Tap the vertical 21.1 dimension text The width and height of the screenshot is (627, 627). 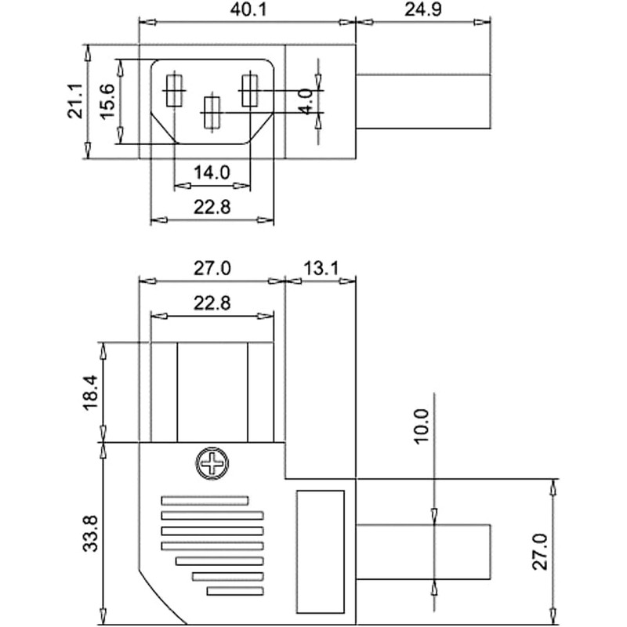(x=76, y=102)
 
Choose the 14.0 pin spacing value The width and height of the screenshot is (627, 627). (x=212, y=173)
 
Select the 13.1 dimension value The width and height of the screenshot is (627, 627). (x=320, y=268)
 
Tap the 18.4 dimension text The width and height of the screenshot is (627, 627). (x=91, y=392)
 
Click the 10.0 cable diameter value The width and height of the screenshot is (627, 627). (x=422, y=426)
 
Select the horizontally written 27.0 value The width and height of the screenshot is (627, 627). (x=212, y=268)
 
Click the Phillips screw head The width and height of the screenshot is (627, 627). (x=211, y=463)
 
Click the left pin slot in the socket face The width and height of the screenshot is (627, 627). (x=173, y=90)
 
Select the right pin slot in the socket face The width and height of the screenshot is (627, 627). (x=248, y=90)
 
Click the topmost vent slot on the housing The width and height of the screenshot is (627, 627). (x=205, y=500)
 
